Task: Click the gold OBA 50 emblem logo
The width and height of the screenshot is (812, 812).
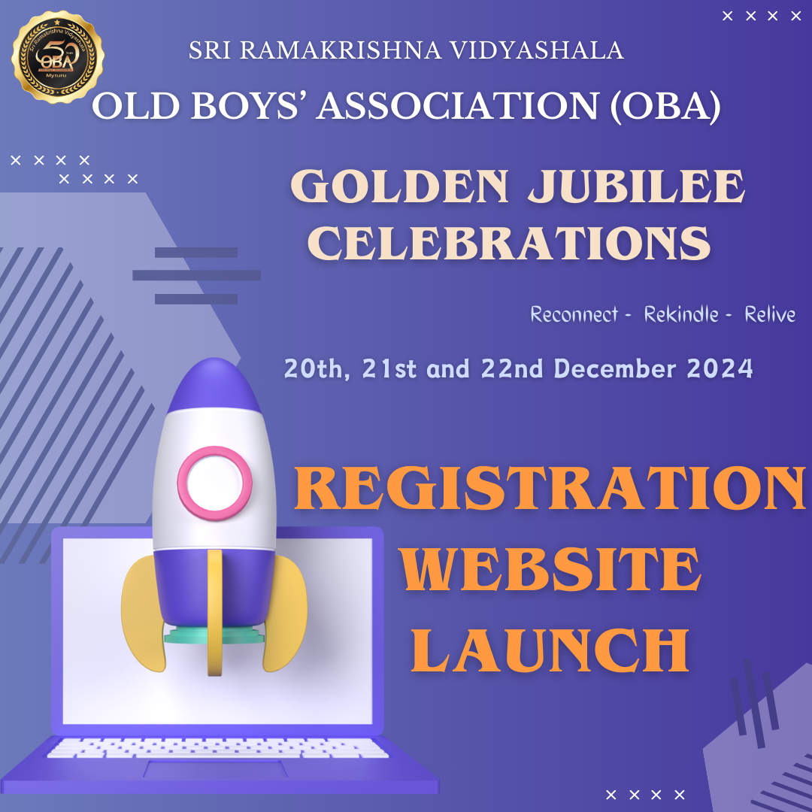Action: (57, 56)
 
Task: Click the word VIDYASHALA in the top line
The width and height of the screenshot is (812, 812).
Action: (537, 50)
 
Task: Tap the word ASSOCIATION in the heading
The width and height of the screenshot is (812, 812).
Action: (459, 106)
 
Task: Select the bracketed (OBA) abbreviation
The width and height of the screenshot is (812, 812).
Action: (665, 106)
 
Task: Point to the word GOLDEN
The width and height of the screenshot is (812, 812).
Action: (400, 186)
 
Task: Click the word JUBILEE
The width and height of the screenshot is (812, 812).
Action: (637, 186)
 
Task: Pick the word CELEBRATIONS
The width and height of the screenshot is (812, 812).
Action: (509, 243)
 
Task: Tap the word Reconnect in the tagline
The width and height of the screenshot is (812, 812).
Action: (574, 314)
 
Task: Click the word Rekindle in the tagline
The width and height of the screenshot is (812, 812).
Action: (681, 314)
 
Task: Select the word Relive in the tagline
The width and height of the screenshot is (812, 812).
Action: (770, 314)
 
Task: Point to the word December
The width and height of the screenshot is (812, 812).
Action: (615, 368)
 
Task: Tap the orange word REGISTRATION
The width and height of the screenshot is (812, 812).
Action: (550, 488)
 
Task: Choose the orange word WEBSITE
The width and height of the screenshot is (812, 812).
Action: (550, 569)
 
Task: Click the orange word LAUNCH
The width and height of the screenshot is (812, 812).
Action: (550, 650)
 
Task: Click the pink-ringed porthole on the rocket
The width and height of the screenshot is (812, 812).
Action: (214, 483)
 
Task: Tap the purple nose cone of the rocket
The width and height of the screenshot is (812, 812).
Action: (214, 384)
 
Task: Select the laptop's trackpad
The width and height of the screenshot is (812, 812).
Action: (216, 769)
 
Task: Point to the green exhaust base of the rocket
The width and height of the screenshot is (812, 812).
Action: (214, 635)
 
